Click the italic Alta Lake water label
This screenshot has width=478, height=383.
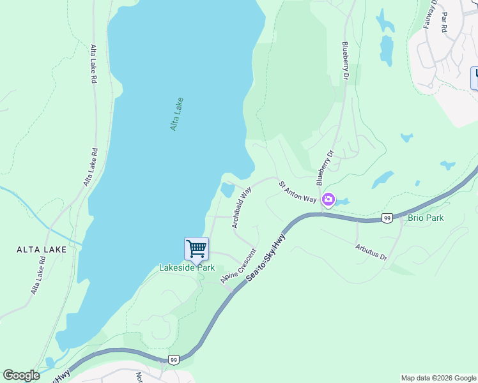coord(177,114)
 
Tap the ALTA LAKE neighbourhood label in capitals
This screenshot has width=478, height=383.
coord(42,250)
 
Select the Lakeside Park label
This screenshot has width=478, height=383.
coord(187,268)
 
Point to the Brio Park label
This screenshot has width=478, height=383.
coord(426,218)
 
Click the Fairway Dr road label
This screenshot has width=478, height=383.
coord(429,13)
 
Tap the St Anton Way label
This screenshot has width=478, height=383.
coord(297,192)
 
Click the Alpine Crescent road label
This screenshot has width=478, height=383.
coord(238,266)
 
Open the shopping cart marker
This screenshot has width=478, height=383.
coord(196,248)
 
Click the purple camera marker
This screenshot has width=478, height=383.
coord(328,200)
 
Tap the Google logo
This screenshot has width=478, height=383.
coord(21,375)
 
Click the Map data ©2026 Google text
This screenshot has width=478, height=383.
coord(438,378)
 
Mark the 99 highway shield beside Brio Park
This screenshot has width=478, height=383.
coord(387,218)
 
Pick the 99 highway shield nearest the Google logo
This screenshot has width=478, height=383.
coord(174,360)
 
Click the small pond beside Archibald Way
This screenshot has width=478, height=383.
coord(227,190)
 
